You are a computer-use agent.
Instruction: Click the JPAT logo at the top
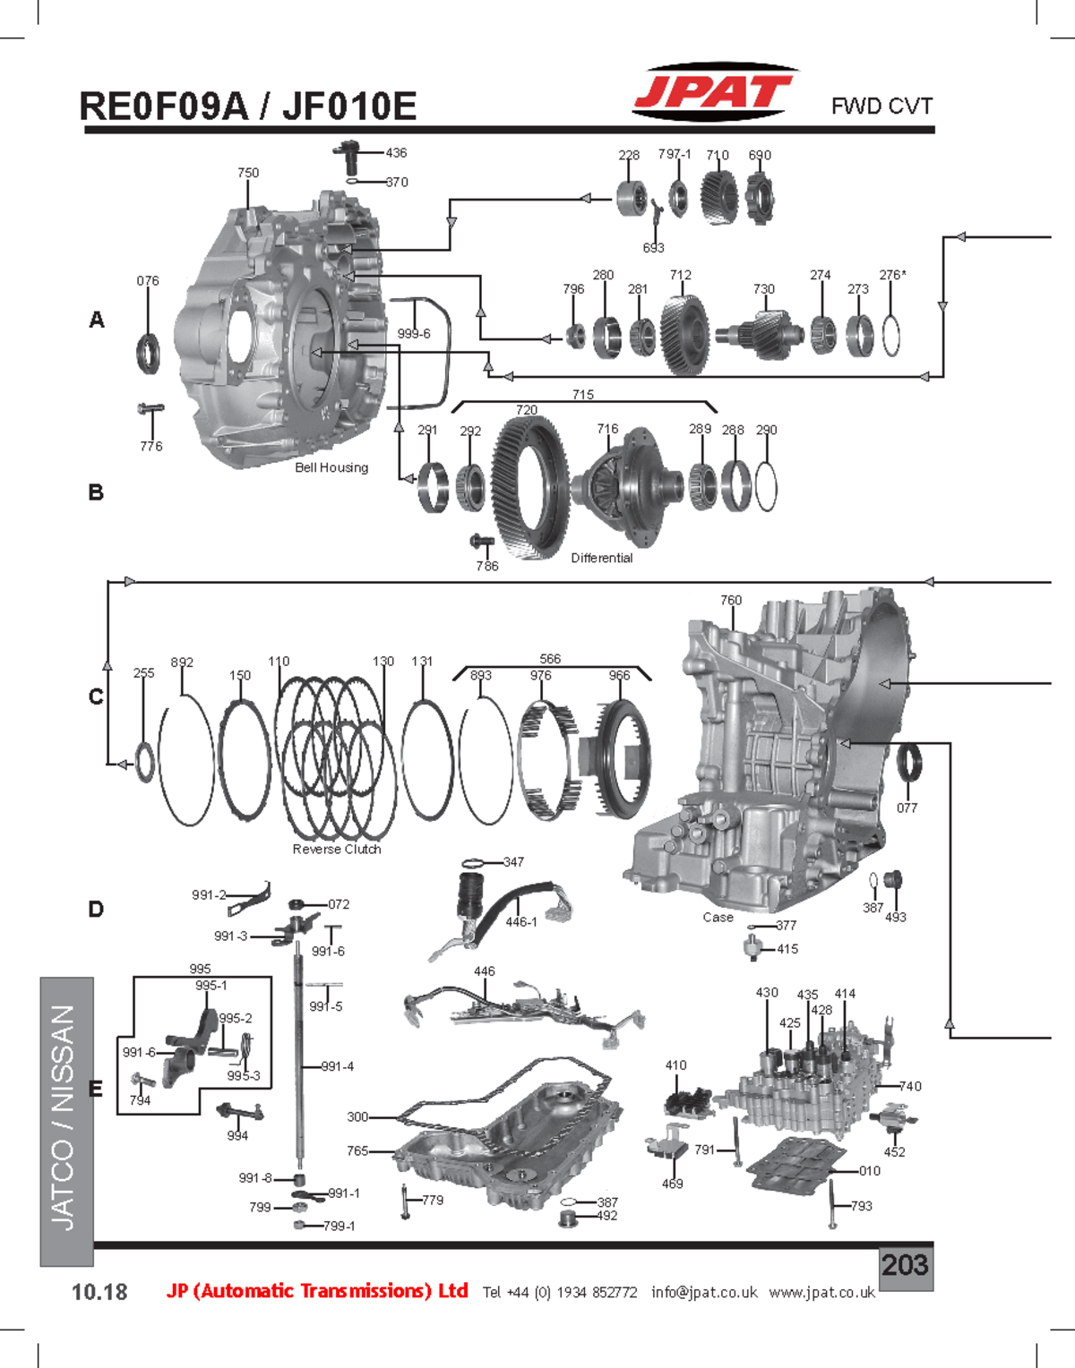pyautogui.click(x=713, y=91)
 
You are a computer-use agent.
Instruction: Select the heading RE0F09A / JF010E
pyautogui.click(x=248, y=107)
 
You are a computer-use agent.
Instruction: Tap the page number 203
pyautogui.click(x=905, y=1265)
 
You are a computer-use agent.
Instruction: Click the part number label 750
pyautogui.click(x=248, y=173)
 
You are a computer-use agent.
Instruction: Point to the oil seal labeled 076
pyautogui.click(x=149, y=352)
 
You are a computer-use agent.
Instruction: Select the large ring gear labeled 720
pyautogui.click(x=530, y=488)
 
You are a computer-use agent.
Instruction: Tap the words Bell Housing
pyautogui.click(x=331, y=467)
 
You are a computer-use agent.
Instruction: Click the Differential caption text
pyautogui.click(x=601, y=558)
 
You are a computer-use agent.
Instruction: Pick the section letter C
pyautogui.click(x=96, y=697)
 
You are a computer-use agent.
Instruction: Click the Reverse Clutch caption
pyautogui.click(x=337, y=849)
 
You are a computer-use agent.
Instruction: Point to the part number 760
pyautogui.click(x=731, y=600)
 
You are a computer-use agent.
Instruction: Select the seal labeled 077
pyautogui.click(x=908, y=763)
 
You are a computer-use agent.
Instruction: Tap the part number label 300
pyautogui.click(x=357, y=1116)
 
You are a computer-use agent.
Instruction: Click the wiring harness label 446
pyautogui.click(x=485, y=970)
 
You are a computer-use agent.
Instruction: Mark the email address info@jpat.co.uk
pyautogui.click(x=704, y=1292)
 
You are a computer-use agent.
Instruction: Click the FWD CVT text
pyautogui.click(x=881, y=106)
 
